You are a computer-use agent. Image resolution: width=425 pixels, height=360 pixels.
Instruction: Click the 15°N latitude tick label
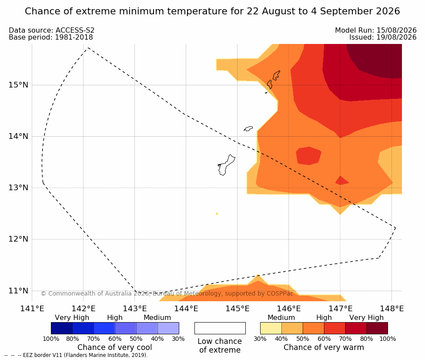pyautogui.click(x=18, y=85)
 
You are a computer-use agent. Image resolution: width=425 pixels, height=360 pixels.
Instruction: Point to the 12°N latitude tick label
pyautogui.click(x=18, y=239)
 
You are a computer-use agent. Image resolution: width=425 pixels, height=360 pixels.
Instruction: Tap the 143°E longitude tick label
pyautogui.click(x=135, y=309)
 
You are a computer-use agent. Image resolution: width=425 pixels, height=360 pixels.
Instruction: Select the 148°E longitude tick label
pyautogui.click(x=392, y=309)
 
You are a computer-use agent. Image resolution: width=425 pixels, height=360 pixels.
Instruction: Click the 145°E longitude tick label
pyautogui.click(x=238, y=309)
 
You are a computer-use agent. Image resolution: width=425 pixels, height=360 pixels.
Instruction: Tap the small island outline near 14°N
pyautogui.click(x=248, y=128)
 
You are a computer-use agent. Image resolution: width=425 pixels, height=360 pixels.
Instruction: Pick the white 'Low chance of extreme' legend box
pyautogui.click(x=220, y=328)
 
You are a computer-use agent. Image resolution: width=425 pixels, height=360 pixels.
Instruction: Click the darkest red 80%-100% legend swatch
pyautogui.click(x=377, y=328)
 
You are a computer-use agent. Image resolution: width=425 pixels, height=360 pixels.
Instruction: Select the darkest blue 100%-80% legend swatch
pyautogui.click(x=62, y=328)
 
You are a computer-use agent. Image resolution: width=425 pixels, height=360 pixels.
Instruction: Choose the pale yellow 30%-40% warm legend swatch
pyautogui.click(x=271, y=328)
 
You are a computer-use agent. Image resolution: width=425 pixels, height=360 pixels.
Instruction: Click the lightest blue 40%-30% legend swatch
pyautogui.click(x=168, y=328)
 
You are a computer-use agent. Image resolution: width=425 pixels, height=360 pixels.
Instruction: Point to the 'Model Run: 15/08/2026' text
pyautogui.click(x=376, y=30)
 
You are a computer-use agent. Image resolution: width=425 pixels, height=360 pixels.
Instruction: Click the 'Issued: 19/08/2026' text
pyautogui.click(x=383, y=37)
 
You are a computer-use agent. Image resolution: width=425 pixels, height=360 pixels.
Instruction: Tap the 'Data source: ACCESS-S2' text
pyautogui.click(x=51, y=30)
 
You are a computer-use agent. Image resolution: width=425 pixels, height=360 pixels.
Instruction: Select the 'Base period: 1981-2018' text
pyautogui.click(x=51, y=37)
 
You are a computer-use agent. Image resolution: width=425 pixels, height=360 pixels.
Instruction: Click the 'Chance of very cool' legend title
pyautogui.click(x=115, y=347)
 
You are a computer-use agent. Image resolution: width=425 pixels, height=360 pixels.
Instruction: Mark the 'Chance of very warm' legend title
pyautogui.click(x=324, y=347)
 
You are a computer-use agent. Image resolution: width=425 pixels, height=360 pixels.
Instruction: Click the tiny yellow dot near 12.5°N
pyautogui.click(x=217, y=214)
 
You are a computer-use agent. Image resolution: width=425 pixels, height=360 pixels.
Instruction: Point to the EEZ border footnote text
pyautogui.click(x=76, y=355)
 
